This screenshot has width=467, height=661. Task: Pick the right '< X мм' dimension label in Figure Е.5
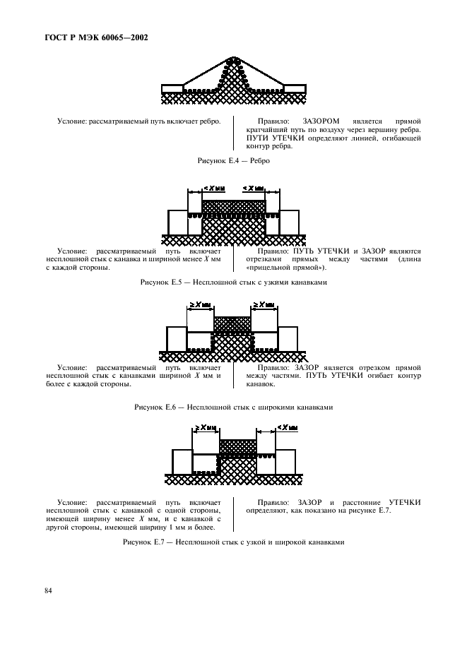click(254, 188)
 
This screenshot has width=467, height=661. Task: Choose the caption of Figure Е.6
click(233, 407)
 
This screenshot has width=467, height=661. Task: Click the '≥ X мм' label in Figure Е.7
click(208, 427)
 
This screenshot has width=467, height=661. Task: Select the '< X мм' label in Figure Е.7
click(285, 427)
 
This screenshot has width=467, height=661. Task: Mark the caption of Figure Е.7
click(233, 542)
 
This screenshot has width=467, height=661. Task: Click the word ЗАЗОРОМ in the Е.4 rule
click(321, 121)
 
